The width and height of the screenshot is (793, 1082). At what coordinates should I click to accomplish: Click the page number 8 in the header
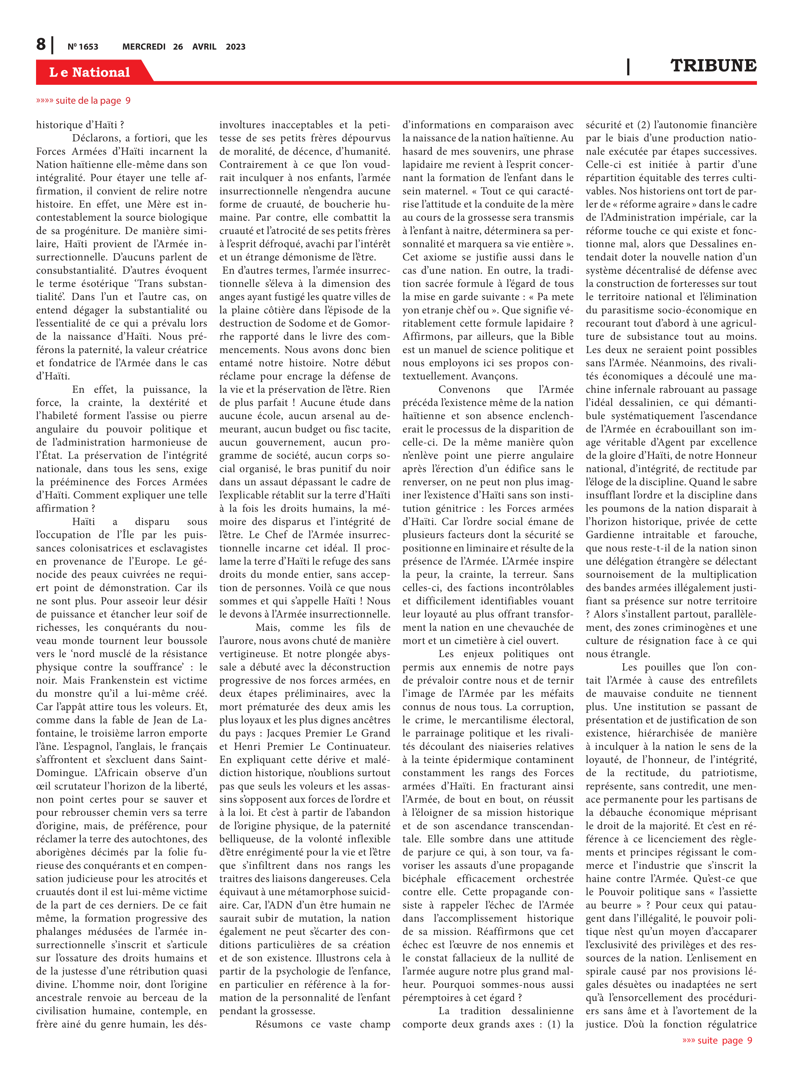[x=41, y=45]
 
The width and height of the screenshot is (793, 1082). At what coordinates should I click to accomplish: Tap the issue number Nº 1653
[x=83, y=47]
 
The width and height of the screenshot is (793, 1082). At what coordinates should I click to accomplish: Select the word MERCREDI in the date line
[x=143, y=47]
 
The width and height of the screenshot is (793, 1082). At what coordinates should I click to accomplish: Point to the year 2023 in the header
[x=235, y=47]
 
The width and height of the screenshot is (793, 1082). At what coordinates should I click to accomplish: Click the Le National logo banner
[x=90, y=72]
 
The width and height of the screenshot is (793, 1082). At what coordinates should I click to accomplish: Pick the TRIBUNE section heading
[x=713, y=66]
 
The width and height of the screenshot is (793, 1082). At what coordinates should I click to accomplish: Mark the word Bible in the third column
[x=562, y=337]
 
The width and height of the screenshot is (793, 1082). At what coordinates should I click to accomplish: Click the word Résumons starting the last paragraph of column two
[x=279, y=1024]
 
